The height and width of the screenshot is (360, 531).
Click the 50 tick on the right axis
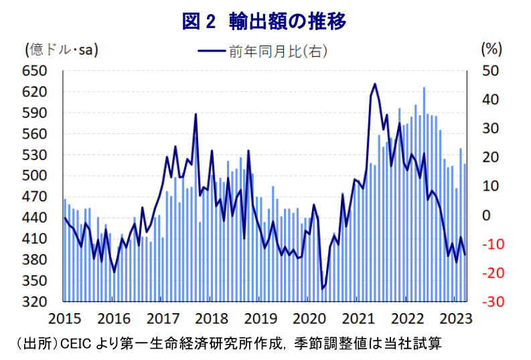coord(490,71)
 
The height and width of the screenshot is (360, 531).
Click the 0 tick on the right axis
coord(486,215)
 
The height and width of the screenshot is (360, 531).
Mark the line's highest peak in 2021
coord(375,84)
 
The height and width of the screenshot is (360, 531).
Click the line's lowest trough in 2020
coord(322,288)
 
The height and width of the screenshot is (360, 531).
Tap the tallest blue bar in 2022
coord(424,88)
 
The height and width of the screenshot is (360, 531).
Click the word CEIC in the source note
coord(75,344)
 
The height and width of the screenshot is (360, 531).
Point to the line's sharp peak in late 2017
coord(196,114)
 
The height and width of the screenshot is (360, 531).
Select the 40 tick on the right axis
coord(490,100)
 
